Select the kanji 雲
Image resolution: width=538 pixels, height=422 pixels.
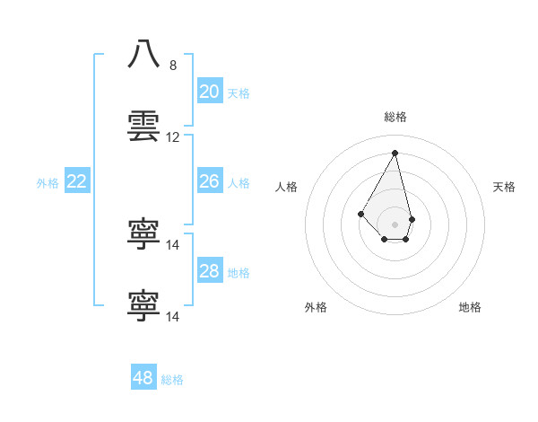pyautogui.click(x=143, y=126)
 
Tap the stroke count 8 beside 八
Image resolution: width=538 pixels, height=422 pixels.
pyautogui.click(x=173, y=65)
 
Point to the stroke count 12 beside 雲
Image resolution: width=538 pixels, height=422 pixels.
pyautogui.click(x=173, y=137)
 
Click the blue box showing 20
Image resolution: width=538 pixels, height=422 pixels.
pyautogui.click(x=209, y=92)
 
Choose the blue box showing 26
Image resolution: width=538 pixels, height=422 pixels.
pyautogui.click(x=209, y=181)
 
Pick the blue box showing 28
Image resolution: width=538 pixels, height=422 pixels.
pyautogui.click(x=209, y=271)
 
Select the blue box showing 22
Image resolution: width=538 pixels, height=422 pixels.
pyautogui.click(x=77, y=181)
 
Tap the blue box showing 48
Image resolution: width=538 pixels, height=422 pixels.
pyautogui.click(x=143, y=378)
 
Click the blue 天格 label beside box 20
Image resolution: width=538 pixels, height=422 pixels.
pyautogui.click(x=239, y=93)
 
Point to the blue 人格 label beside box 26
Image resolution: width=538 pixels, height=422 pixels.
pyautogui.click(x=239, y=183)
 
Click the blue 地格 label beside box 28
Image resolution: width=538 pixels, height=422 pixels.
pyautogui.click(x=239, y=273)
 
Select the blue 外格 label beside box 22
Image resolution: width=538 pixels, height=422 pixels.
pyautogui.click(x=48, y=183)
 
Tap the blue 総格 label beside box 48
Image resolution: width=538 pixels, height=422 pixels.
pyautogui.click(x=172, y=380)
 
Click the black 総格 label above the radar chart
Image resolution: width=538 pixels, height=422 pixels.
pyautogui.click(x=395, y=117)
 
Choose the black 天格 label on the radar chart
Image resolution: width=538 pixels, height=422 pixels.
pyautogui.click(x=504, y=187)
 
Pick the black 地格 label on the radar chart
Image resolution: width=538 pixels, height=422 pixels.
pyautogui.click(x=470, y=308)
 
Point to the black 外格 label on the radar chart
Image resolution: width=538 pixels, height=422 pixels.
pyautogui.click(x=316, y=308)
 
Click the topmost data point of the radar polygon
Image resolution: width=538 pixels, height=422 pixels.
pyautogui.click(x=395, y=153)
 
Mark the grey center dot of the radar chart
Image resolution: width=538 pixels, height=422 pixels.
pyautogui.click(x=395, y=224)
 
